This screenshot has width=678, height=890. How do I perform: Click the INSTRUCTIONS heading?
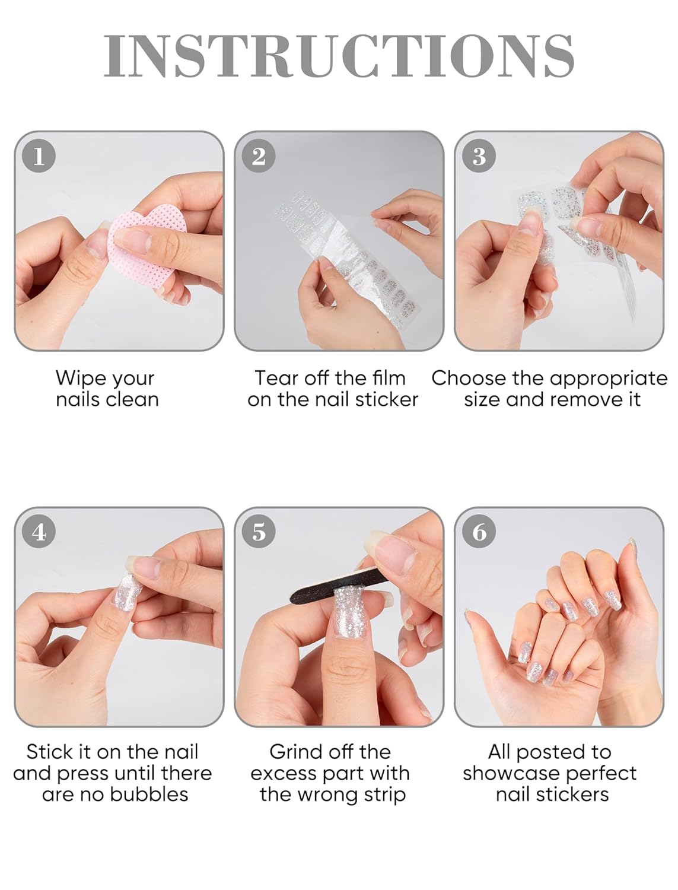339,56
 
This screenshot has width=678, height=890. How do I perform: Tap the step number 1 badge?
39,156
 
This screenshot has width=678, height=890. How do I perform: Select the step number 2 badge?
259,156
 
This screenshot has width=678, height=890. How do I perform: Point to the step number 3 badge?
479,156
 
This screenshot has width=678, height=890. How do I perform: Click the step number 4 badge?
39,532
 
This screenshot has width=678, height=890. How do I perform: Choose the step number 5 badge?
259,532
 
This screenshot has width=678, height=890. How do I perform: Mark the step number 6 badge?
479,532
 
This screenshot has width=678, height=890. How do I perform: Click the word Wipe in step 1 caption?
80,379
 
